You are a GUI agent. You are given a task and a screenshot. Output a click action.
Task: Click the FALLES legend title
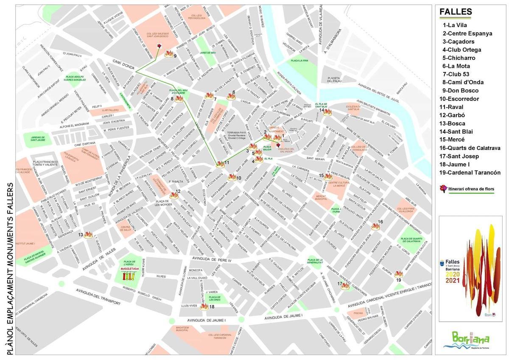coord(456,12)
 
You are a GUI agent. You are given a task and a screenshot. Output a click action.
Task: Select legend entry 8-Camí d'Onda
coord(463,82)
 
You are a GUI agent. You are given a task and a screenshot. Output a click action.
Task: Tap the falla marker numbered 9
coord(169,54)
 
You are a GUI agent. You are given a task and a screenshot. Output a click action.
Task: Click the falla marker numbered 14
coord(327,112)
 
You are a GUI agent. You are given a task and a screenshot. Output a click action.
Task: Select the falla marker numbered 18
coord(204,306)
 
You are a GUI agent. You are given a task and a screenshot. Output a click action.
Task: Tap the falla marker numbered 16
coord(375,226)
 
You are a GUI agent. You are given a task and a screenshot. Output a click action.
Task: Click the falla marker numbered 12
coord(174,195)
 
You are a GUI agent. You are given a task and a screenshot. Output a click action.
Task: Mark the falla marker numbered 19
coord(398,274)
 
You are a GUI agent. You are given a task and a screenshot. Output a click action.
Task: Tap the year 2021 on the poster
coord(452,280)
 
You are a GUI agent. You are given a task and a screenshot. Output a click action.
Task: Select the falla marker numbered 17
coord(345,286)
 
